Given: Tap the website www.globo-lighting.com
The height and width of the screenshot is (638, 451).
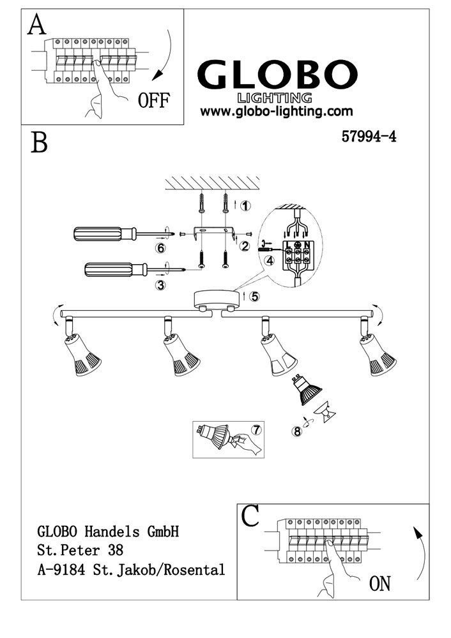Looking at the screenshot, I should pyautogui.click(x=277, y=111).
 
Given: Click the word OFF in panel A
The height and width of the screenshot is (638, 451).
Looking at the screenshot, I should pyautogui.click(x=153, y=101).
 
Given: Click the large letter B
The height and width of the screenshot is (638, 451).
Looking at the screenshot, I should pyautogui.click(x=39, y=143).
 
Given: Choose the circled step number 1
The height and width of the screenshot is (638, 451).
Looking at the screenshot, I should pyautogui.click(x=247, y=205).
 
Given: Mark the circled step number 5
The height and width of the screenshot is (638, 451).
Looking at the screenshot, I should pyautogui.click(x=254, y=296).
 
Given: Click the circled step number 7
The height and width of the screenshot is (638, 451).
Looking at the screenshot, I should pyautogui.click(x=256, y=429).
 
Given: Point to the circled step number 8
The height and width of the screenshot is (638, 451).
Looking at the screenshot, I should pyautogui.click(x=296, y=431).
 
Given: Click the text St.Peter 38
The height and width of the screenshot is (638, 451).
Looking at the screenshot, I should pyautogui.click(x=80, y=549).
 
